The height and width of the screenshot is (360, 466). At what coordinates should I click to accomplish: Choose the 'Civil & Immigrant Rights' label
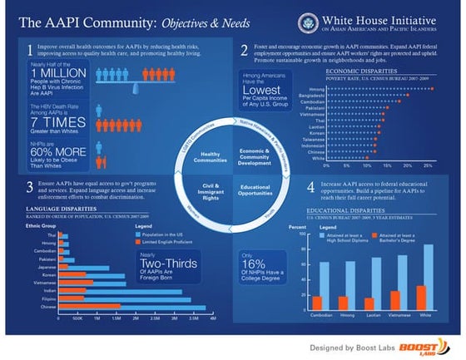(210, 199)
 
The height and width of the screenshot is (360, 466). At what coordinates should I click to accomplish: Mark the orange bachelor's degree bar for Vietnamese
(395, 299)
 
